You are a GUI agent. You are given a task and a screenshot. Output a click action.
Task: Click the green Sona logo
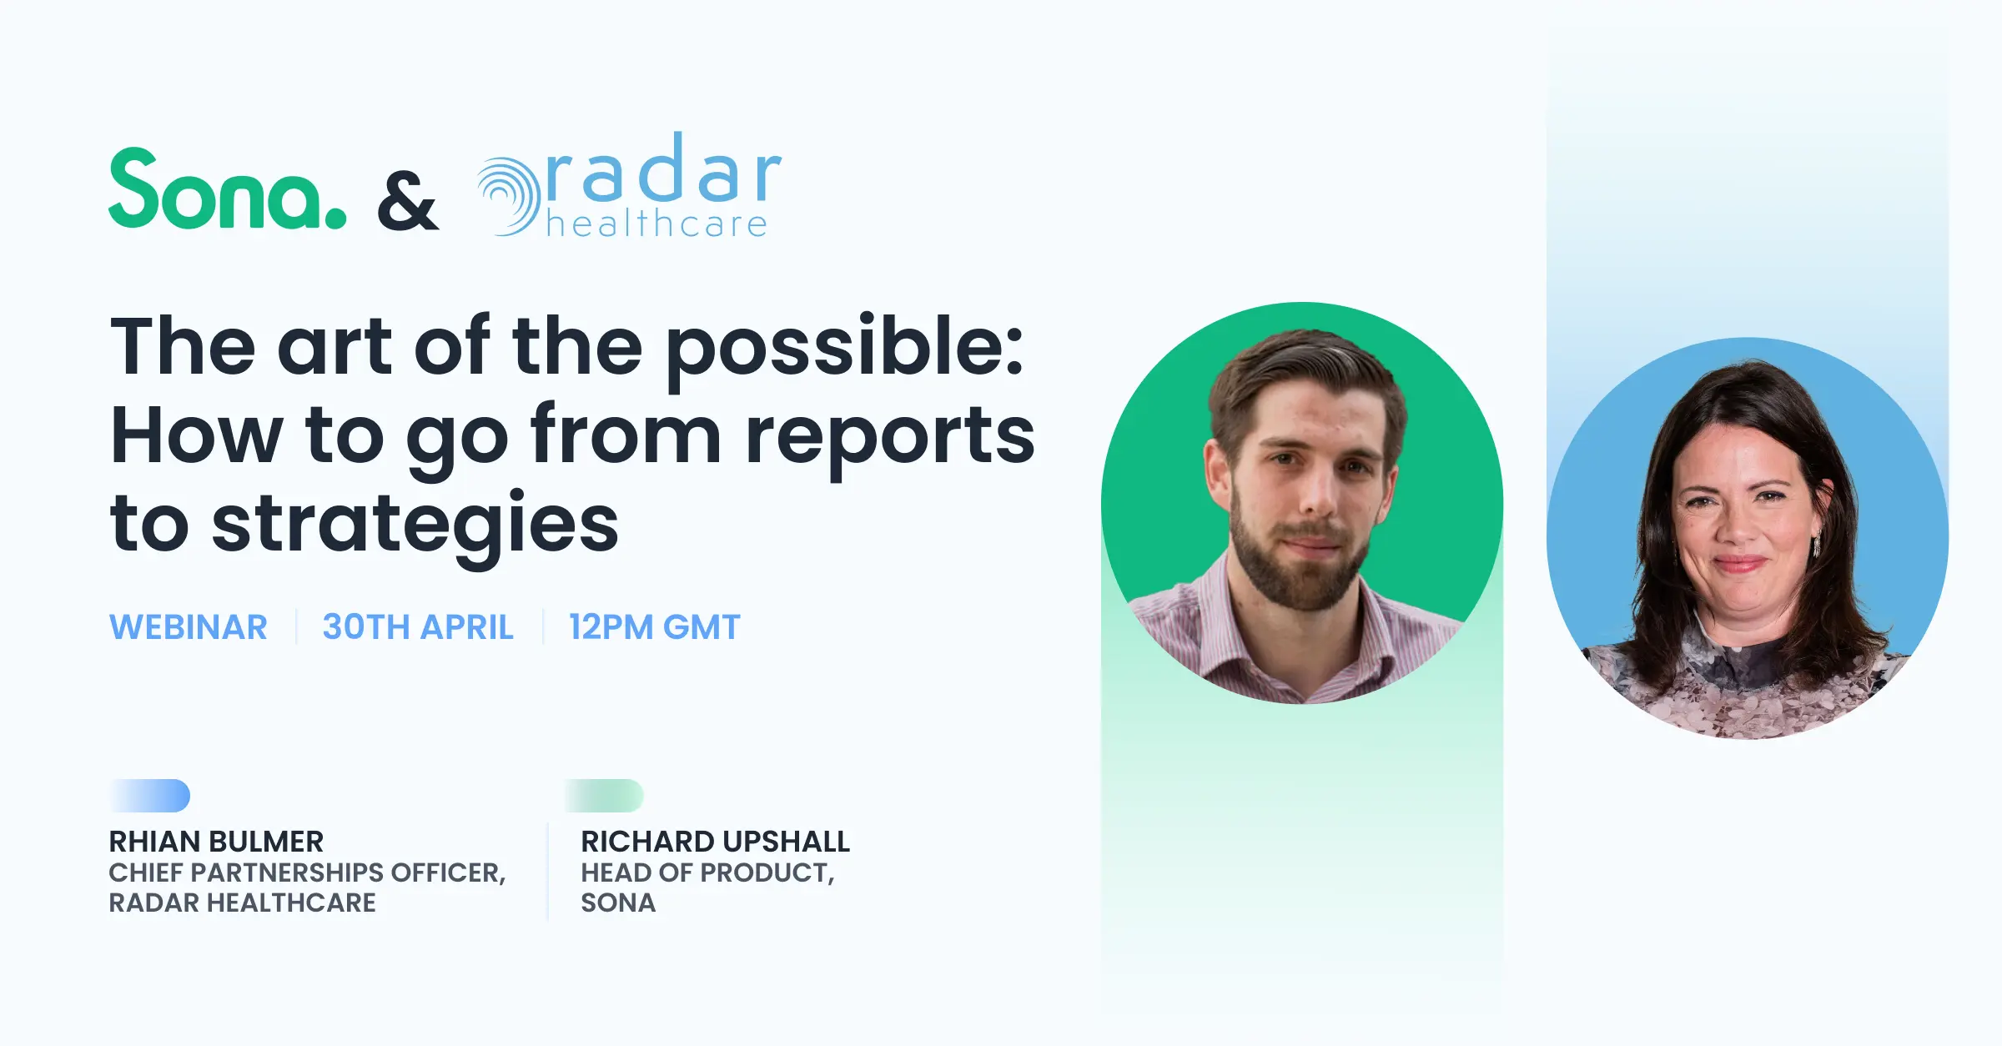click(x=227, y=188)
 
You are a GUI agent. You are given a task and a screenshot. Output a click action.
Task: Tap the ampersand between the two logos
click(x=407, y=201)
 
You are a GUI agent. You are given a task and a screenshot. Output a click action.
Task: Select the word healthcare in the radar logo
click(x=656, y=224)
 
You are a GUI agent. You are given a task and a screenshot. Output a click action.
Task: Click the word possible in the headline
click(x=844, y=350)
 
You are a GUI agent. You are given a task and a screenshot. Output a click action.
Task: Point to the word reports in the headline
click(x=890, y=438)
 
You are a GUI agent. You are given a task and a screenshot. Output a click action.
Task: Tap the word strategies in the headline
click(x=415, y=526)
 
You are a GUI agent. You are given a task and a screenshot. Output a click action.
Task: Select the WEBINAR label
click(x=189, y=627)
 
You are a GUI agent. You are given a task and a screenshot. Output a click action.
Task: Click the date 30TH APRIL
click(x=418, y=627)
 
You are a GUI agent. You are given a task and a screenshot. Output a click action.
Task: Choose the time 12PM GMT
click(x=655, y=627)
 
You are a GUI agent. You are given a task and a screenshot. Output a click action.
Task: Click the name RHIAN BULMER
click(x=216, y=842)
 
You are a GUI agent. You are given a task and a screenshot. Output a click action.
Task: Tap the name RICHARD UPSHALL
click(x=716, y=842)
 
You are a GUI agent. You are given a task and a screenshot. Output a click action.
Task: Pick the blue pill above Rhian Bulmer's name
click(x=150, y=796)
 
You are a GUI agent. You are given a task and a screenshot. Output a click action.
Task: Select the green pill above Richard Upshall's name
click(x=604, y=796)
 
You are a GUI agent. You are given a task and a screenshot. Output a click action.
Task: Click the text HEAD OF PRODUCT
click(x=707, y=873)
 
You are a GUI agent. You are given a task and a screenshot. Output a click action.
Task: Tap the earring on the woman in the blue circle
click(x=1817, y=544)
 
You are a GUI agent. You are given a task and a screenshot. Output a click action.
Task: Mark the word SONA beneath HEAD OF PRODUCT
click(x=618, y=903)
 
